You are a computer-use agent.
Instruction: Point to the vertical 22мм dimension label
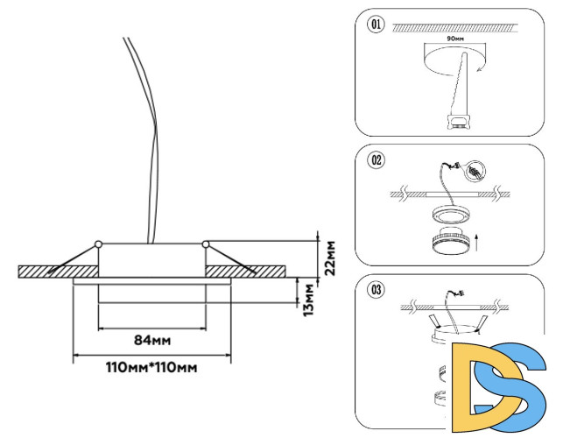(x=330, y=257)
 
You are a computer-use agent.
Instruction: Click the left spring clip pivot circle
(x=99, y=242)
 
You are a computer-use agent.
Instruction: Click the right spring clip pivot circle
(x=205, y=242)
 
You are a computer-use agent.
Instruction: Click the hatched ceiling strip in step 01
(x=455, y=29)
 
